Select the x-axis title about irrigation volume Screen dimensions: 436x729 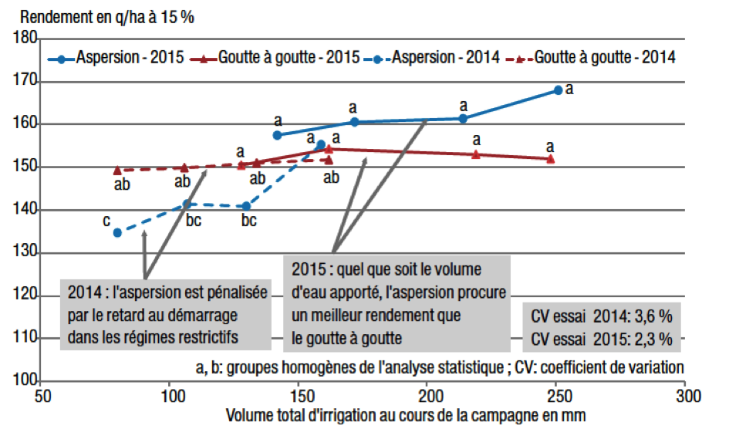(x=406, y=416)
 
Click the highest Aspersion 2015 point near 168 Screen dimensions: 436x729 (x=558, y=90)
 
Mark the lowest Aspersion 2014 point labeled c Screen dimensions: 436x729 (x=117, y=232)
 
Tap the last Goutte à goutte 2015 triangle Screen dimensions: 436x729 (x=550, y=159)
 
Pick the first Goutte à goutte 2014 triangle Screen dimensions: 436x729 (x=117, y=171)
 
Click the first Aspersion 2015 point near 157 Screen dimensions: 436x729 (x=278, y=135)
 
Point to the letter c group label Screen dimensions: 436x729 (x=106, y=221)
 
